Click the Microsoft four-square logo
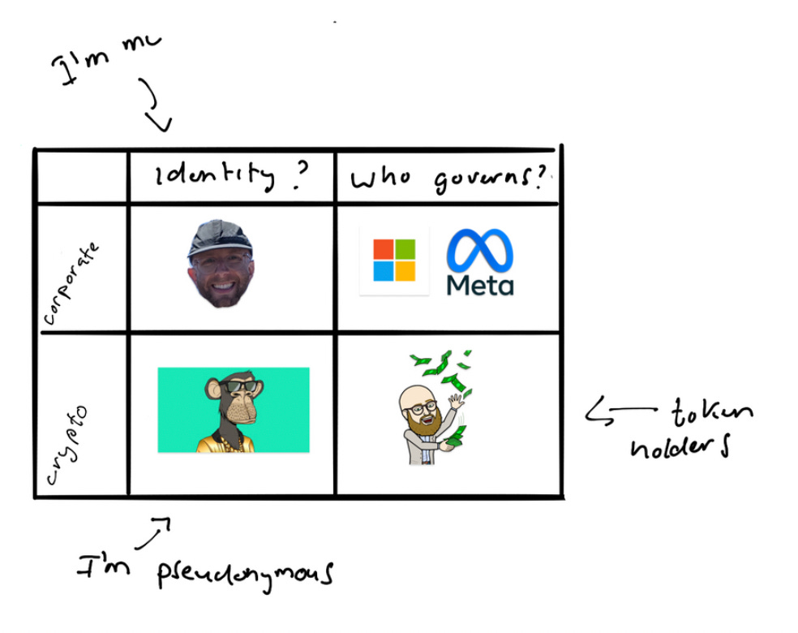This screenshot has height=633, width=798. (394, 260)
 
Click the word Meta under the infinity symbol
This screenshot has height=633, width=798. (480, 286)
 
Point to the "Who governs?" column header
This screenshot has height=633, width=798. (448, 179)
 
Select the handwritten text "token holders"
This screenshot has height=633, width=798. (697, 429)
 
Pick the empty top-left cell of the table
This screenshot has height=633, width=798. (81, 176)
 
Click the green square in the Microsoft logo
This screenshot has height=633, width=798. (405, 249)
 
